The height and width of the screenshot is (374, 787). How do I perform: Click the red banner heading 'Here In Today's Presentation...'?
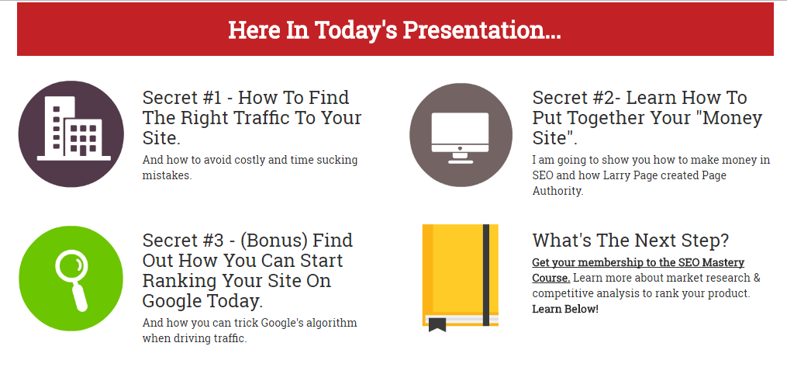(395, 30)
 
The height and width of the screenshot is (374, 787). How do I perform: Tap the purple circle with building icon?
(71, 133)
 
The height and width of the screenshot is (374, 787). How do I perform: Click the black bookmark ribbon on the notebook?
(437, 324)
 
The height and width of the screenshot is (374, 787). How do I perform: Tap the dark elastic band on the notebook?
(486, 275)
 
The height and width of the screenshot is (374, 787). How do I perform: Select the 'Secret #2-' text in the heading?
(576, 98)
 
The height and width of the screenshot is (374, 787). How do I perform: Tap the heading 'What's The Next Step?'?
(630, 241)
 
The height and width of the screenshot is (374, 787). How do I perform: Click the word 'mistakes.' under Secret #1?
(167, 175)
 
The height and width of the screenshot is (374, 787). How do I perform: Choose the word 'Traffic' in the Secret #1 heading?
(272, 119)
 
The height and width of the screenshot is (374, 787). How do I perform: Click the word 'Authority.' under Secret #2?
(557, 191)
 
